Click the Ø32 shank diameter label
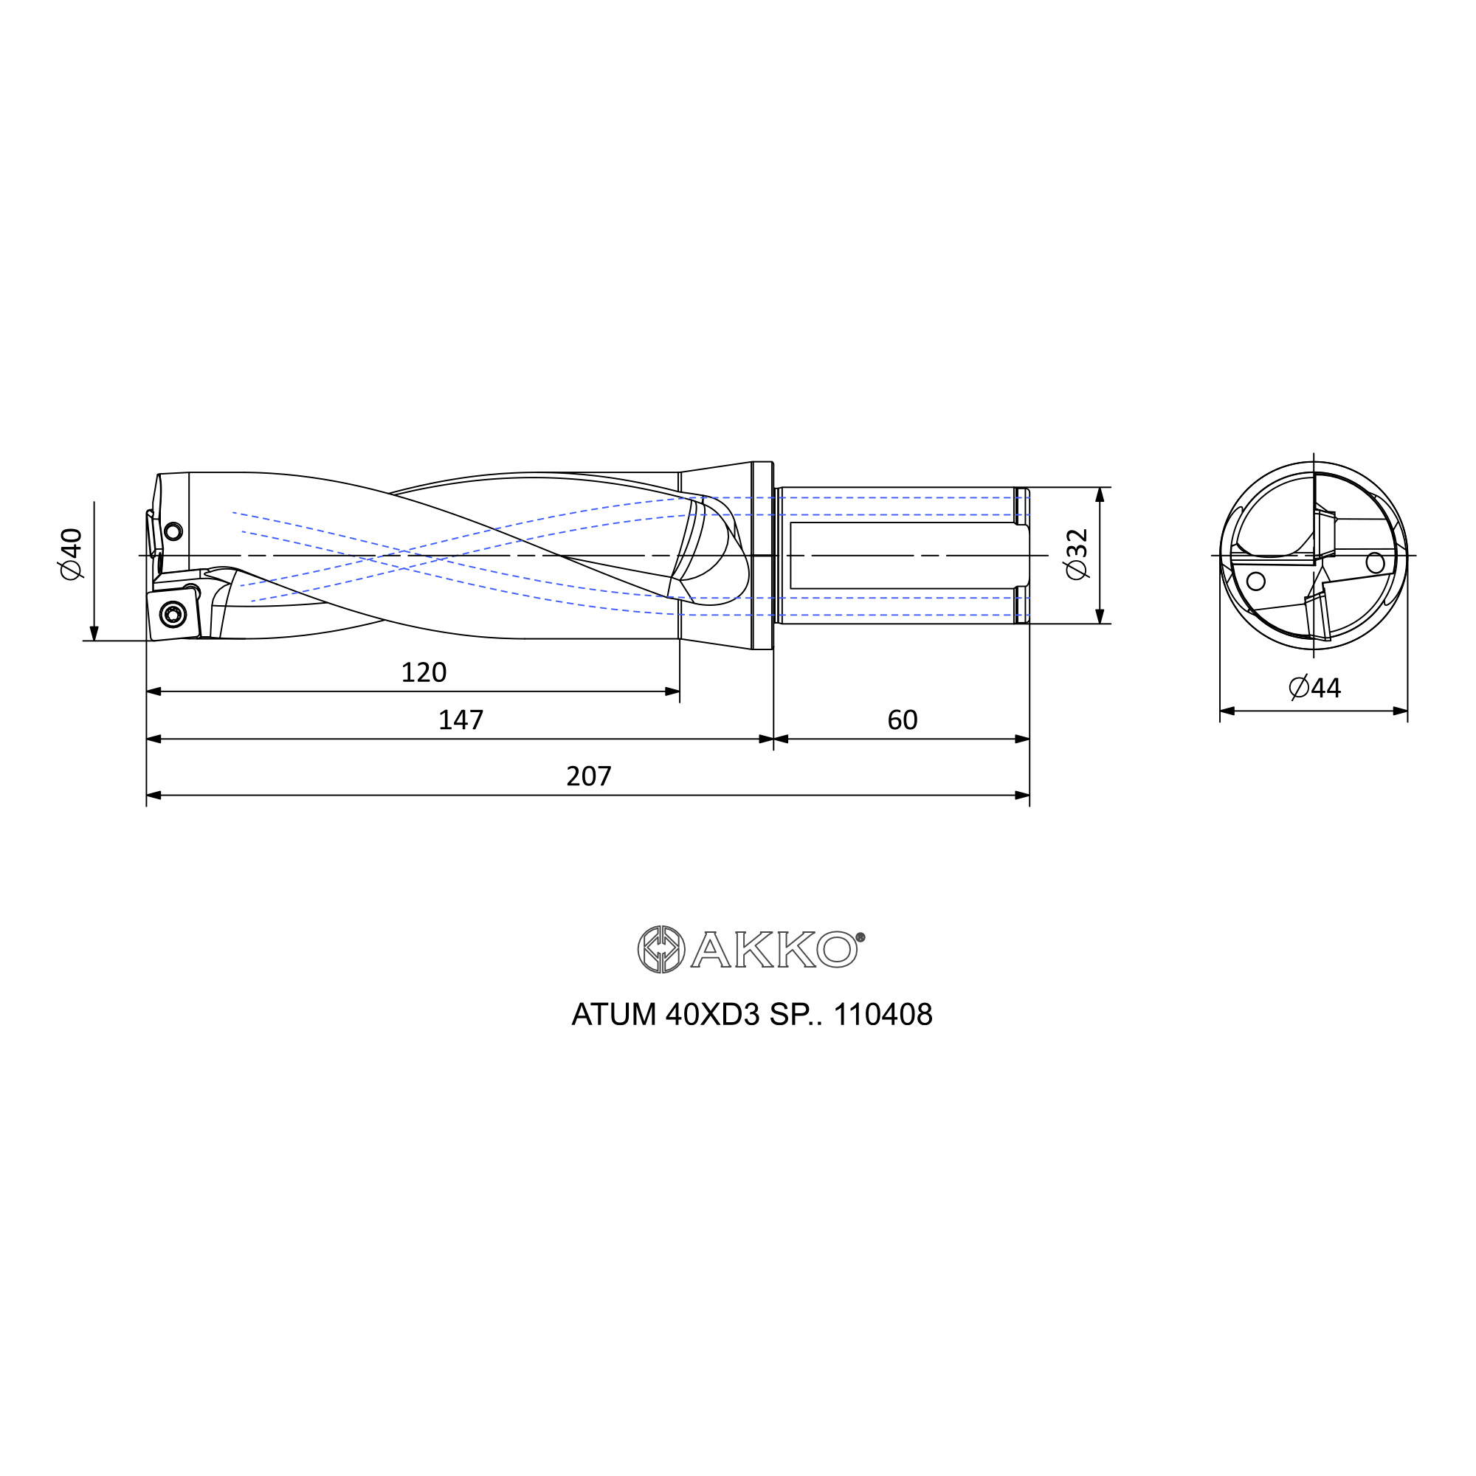1077,554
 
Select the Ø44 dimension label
1314,688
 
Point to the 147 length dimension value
461,720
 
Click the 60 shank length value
903,720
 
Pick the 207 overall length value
588,776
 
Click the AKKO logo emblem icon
661,950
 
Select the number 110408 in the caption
883,1015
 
